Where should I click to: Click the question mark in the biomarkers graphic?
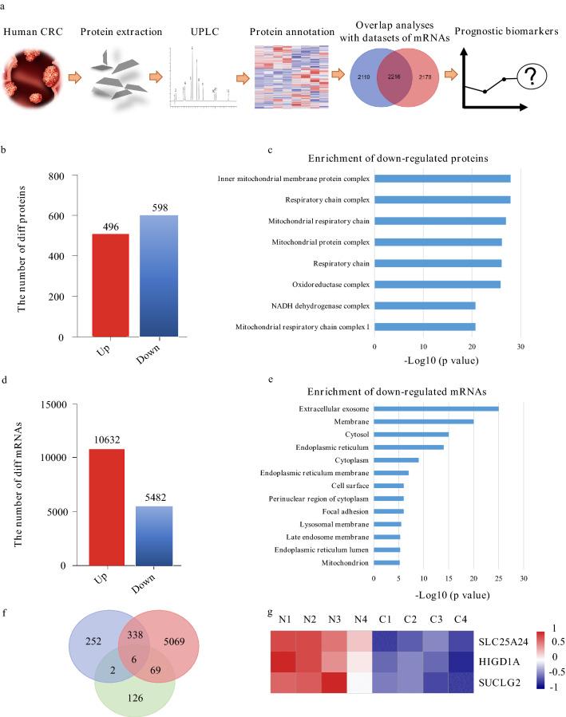click(x=528, y=77)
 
